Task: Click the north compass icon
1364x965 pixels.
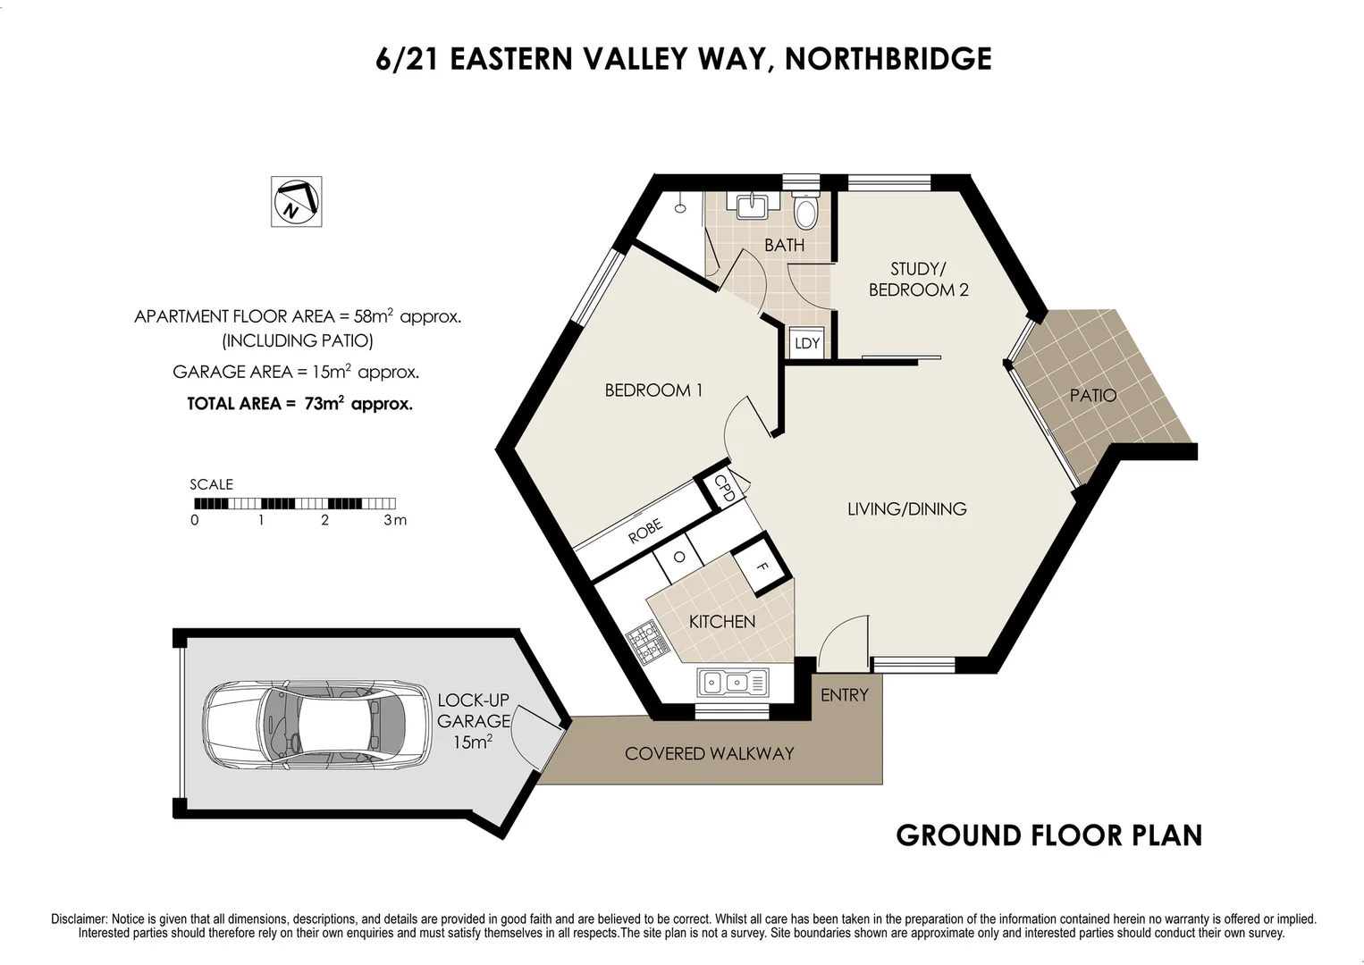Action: (296, 201)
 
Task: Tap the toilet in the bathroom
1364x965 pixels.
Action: (805, 212)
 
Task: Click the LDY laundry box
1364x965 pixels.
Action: (806, 343)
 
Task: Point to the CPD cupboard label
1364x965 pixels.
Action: (725, 490)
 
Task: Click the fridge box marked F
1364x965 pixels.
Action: (762, 566)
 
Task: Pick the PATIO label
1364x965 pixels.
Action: (1092, 395)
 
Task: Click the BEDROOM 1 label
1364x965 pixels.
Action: (653, 390)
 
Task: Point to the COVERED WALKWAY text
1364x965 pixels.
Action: (709, 754)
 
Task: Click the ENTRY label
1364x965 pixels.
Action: (844, 695)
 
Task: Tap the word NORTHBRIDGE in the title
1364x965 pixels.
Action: (888, 59)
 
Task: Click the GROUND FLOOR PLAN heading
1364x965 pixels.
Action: (1048, 835)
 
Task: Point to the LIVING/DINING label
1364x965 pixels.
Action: (906, 509)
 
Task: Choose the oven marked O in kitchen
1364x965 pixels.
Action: (679, 558)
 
